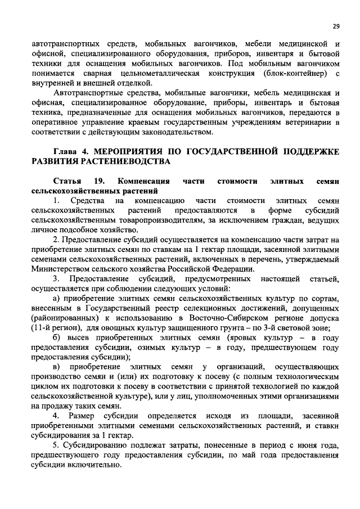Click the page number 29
click(x=336, y=25)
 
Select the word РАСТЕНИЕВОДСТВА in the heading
click(x=122, y=162)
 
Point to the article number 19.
click(x=100, y=182)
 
